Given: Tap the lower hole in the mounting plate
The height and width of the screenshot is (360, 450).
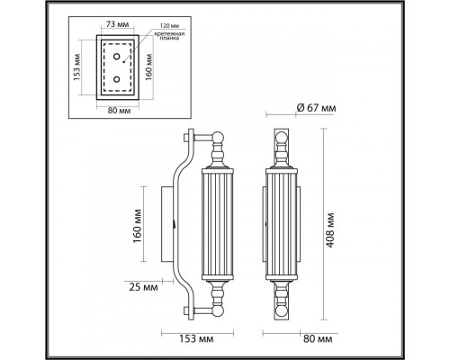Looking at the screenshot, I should coord(116,81).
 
